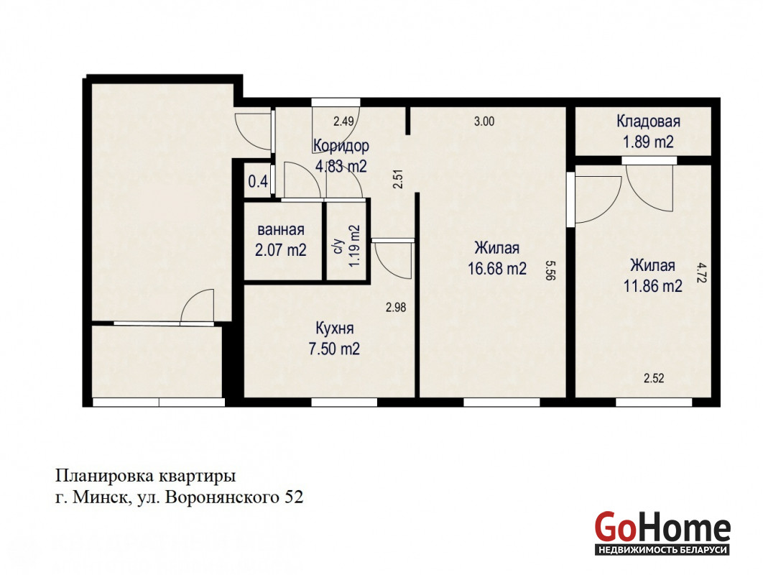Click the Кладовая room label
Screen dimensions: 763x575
648,121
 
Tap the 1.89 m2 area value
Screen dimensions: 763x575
648,142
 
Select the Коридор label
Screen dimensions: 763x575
341,146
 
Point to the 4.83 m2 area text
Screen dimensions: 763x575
341,167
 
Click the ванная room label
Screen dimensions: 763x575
281,230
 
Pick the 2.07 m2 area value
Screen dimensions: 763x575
281,250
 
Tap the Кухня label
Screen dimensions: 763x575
334,328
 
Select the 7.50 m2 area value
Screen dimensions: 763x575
334,349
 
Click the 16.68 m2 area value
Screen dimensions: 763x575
497,268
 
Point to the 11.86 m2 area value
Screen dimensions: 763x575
653,286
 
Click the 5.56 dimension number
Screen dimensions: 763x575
550,270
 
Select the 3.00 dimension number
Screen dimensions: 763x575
484,121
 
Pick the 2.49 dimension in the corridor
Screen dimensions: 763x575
343,121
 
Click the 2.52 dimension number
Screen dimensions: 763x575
654,378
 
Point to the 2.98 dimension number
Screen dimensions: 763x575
396,308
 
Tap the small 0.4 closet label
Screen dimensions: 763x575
258,182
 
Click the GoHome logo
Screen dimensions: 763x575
662,533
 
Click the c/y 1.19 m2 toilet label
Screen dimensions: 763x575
346,246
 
